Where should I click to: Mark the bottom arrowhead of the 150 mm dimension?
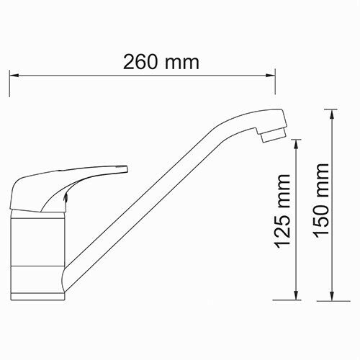click(x=331, y=296)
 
